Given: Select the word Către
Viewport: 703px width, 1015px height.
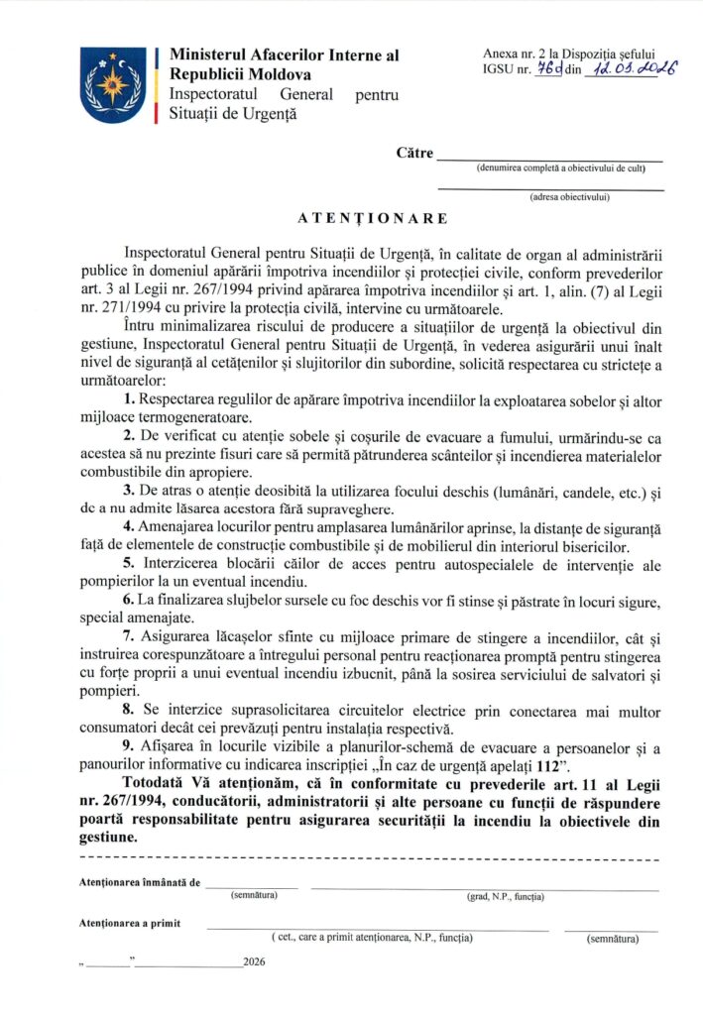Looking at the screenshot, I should tap(414, 153).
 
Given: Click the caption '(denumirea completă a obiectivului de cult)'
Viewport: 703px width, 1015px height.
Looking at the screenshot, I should tap(560, 169).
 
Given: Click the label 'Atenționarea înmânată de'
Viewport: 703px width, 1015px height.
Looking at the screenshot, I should tap(141, 881).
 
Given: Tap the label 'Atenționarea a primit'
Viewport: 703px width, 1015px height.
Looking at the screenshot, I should tap(129, 923).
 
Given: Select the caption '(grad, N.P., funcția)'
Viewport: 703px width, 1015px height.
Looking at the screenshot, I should tap(506, 896).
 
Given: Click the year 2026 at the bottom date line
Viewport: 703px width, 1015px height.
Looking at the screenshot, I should tap(255, 961).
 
